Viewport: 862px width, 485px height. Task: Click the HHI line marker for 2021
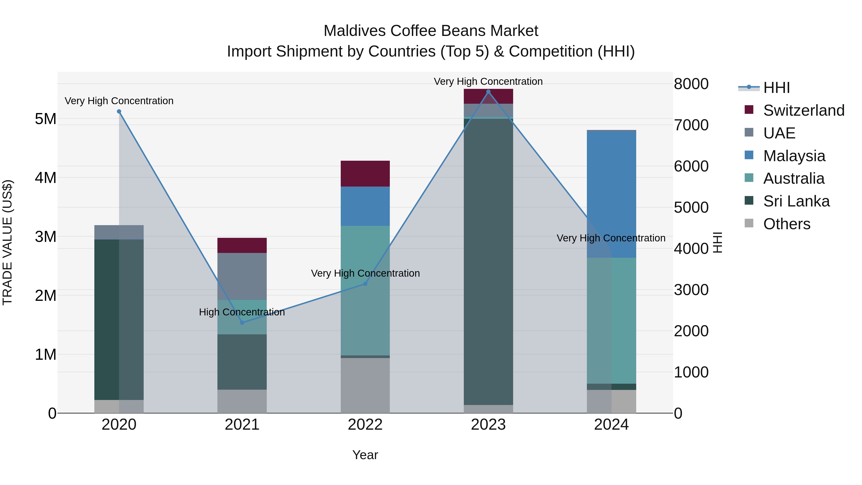coord(242,323)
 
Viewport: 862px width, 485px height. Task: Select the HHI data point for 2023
coord(488,92)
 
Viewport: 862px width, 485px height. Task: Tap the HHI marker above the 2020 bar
coord(119,111)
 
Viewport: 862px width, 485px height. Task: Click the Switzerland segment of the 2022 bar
coord(365,173)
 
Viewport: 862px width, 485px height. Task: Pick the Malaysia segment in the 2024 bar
coord(611,194)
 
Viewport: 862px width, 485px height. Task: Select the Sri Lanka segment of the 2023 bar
coord(488,261)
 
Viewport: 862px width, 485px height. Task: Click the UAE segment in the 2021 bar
coord(242,276)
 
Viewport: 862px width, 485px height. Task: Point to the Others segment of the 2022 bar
coord(365,385)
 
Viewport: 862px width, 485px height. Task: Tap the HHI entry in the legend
coord(776,88)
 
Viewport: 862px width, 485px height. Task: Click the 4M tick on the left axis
coord(45,178)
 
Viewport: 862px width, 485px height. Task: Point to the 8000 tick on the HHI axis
coord(691,84)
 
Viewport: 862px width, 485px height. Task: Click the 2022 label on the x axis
coord(365,425)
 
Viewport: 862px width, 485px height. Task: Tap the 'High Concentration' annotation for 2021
coord(242,312)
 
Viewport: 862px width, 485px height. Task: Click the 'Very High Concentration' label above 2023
coord(488,81)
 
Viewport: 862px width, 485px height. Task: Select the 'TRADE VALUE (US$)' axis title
coord(7,242)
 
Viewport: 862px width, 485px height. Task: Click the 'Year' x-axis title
coord(365,455)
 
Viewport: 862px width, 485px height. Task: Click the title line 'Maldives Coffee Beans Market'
coord(431,31)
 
